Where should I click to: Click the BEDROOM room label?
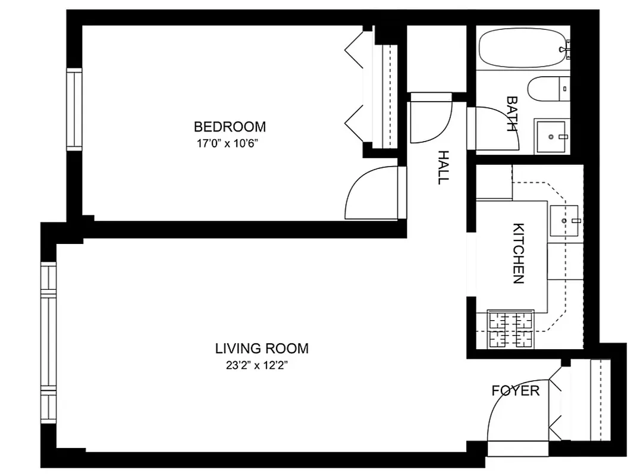230,127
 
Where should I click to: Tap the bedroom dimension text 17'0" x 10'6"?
230,143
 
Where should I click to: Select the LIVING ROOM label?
262,349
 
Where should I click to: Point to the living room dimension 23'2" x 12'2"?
256,365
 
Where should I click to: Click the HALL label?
443,167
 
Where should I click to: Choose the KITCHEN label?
518,253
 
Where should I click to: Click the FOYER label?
515,391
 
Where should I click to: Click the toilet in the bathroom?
547,89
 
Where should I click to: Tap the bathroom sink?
552,136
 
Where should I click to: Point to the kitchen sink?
563,221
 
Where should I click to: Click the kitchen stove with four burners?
510,329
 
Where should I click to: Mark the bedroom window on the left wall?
74,109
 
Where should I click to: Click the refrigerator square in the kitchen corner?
494,182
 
